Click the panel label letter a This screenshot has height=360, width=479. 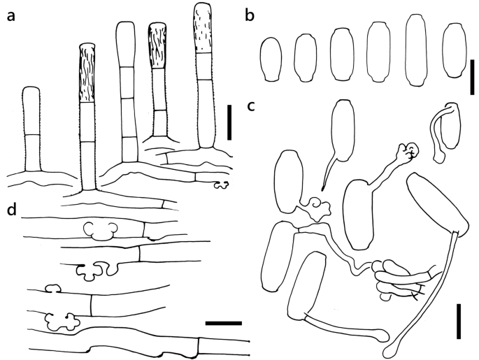10,16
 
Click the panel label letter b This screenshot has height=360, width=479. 250,15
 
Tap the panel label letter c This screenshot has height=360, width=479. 250,106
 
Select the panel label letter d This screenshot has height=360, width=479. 12,209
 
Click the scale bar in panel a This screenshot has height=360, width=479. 229,122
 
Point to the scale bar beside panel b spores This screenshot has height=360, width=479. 472,77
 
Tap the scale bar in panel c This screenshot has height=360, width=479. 459,321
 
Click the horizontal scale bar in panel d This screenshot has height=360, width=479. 224,323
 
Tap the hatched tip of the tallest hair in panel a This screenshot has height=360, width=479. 203,28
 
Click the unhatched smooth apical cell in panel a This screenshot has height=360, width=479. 126,44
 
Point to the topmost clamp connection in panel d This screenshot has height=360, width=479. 99,231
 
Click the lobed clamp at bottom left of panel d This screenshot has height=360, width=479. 62,322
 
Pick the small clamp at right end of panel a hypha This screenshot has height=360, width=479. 221,185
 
